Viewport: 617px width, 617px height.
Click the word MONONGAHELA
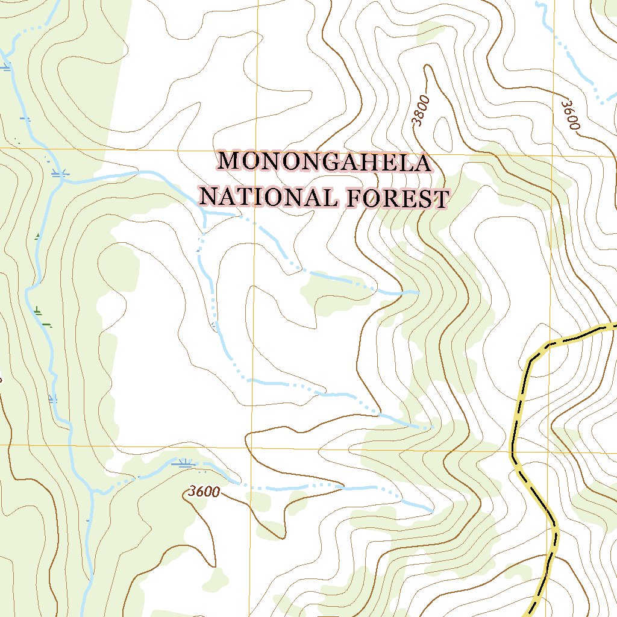coord(325,163)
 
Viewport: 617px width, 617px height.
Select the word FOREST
coord(398,199)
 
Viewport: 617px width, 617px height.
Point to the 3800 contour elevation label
coord(422,111)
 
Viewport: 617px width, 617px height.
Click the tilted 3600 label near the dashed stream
coord(569,115)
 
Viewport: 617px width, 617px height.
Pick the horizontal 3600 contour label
coord(203,492)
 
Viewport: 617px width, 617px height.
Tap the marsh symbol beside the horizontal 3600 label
coord(184,463)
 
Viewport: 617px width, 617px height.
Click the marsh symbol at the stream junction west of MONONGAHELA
coord(60,174)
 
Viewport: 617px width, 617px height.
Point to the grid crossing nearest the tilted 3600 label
coord(551,155)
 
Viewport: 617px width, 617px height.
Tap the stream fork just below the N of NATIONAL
coord(205,213)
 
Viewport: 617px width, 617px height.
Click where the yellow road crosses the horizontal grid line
coord(512,449)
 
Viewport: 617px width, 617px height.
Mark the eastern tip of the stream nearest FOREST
coord(418,293)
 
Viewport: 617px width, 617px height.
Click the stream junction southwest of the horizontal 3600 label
coord(93,490)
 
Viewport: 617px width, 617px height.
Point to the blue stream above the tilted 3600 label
coord(578,66)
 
